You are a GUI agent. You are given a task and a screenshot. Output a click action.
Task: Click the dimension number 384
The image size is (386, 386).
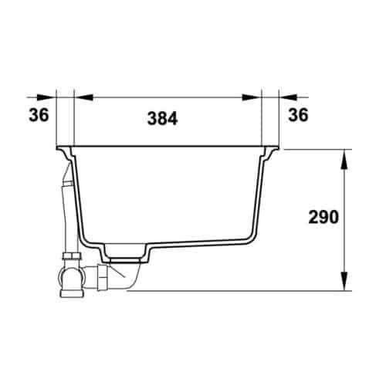(x=162, y=118)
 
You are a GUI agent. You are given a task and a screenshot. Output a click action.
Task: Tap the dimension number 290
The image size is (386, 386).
(x=323, y=217)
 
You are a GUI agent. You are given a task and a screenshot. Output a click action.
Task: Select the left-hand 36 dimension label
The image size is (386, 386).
(x=39, y=115)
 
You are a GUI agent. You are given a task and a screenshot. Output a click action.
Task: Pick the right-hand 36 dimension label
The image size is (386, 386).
(x=298, y=115)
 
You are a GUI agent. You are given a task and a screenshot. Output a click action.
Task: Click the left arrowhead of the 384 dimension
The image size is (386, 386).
(x=83, y=97)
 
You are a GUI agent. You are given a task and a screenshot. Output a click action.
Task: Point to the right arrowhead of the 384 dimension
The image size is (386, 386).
(x=252, y=97)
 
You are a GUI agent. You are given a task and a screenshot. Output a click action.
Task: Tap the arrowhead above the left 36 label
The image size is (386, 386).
(x=46, y=97)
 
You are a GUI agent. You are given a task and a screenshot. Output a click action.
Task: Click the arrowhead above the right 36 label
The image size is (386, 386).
(x=288, y=97)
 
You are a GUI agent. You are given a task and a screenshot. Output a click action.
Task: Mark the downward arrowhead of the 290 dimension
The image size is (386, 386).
(x=344, y=281)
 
